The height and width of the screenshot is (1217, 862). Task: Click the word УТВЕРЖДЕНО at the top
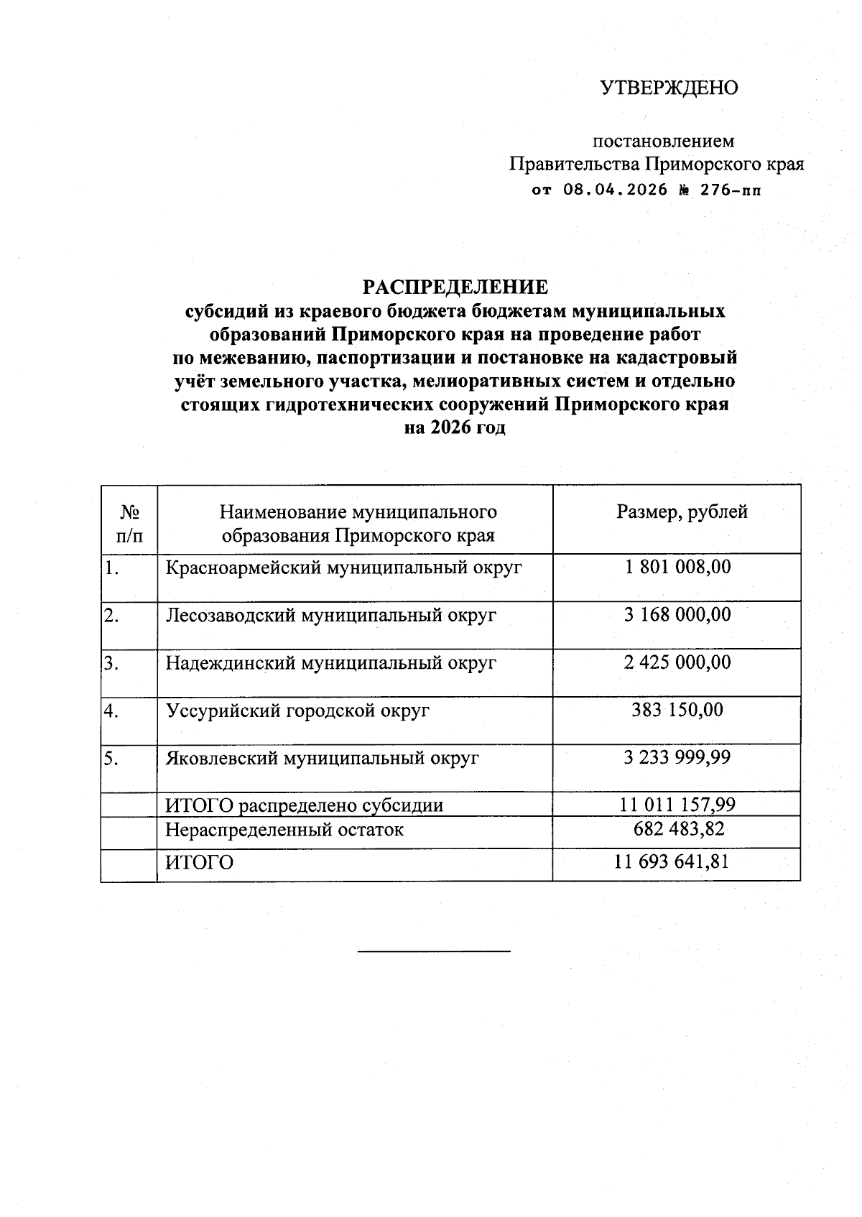point(669,88)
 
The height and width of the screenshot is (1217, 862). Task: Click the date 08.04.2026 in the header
point(615,190)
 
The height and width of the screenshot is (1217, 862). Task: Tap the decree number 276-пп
point(727,190)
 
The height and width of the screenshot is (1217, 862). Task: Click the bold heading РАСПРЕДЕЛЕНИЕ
point(455,287)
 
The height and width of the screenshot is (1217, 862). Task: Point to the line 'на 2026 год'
point(455,427)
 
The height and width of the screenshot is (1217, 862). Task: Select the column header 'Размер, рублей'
point(682,512)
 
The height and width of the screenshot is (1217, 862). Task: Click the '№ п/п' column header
point(129,523)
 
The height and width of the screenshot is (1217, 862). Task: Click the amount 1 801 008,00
point(677,567)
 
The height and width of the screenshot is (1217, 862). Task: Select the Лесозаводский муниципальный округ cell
point(331,615)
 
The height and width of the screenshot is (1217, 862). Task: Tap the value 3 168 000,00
point(677,614)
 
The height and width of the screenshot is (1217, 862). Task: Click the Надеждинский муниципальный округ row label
point(331,662)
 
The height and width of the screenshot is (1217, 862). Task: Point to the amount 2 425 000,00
point(677,662)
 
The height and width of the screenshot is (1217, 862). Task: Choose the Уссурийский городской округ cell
point(298,711)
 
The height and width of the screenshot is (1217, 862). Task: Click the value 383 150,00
point(677,710)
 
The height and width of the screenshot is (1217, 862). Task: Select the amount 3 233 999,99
point(677,757)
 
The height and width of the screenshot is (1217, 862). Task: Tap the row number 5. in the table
point(111,759)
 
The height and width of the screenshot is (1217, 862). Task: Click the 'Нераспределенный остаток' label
point(284,830)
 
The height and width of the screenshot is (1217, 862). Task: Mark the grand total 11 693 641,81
point(672,861)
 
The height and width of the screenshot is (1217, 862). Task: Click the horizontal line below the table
point(434,952)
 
